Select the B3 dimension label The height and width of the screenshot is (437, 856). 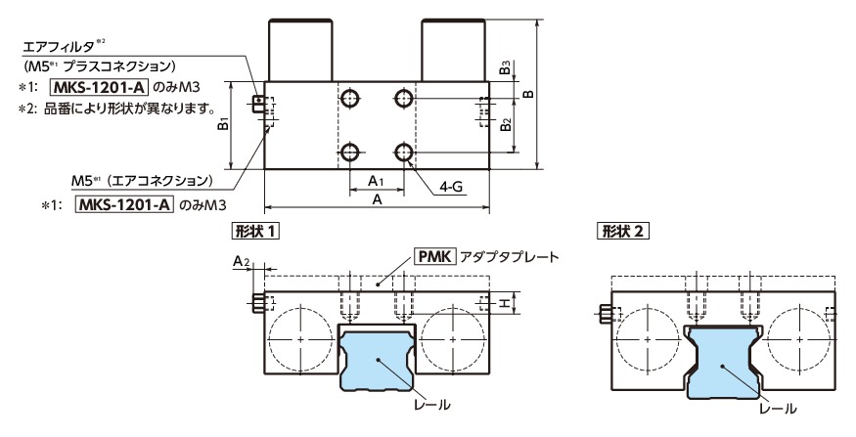point(503,66)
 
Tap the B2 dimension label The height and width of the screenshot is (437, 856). point(503,125)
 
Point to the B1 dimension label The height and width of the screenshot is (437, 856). point(224,125)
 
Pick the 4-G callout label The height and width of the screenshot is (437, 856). point(451,186)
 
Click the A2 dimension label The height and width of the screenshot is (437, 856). point(243,261)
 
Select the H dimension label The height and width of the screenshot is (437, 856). point(505,304)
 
